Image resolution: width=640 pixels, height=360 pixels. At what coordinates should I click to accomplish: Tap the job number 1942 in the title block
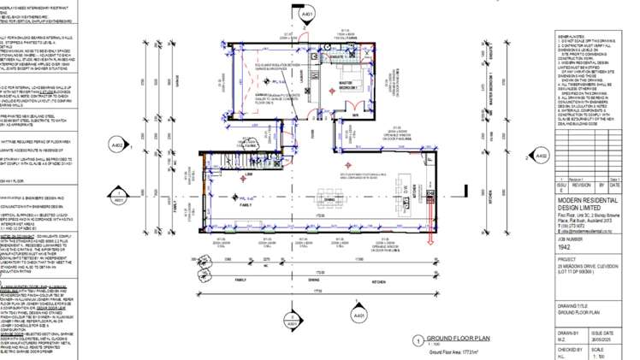point(565,270)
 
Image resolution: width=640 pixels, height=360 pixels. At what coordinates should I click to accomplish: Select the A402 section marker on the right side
point(541,156)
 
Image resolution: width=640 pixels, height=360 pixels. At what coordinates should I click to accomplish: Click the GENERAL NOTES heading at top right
point(571,37)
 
